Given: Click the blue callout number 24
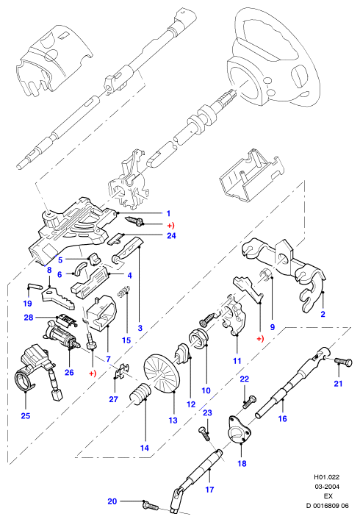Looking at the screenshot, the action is [x=171, y=236].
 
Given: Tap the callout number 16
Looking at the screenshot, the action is [x=282, y=418].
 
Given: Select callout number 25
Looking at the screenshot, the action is [x=26, y=415].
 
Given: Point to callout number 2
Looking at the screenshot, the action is [x=323, y=314].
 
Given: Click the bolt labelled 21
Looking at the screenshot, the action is [x=343, y=361].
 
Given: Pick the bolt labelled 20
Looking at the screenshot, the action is [x=151, y=504].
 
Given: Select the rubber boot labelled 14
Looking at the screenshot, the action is [x=141, y=394].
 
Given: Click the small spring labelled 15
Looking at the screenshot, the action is [x=124, y=291].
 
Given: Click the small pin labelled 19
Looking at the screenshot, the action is [x=34, y=285].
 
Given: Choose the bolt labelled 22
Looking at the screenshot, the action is [x=249, y=401].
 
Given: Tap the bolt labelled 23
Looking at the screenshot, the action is [x=204, y=434].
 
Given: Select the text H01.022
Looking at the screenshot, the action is [x=328, y=477].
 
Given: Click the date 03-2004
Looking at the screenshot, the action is [x=328, y=487].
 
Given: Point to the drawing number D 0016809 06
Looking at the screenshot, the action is [x=328, y=506].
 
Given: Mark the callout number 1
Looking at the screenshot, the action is [x=168, y=213].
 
